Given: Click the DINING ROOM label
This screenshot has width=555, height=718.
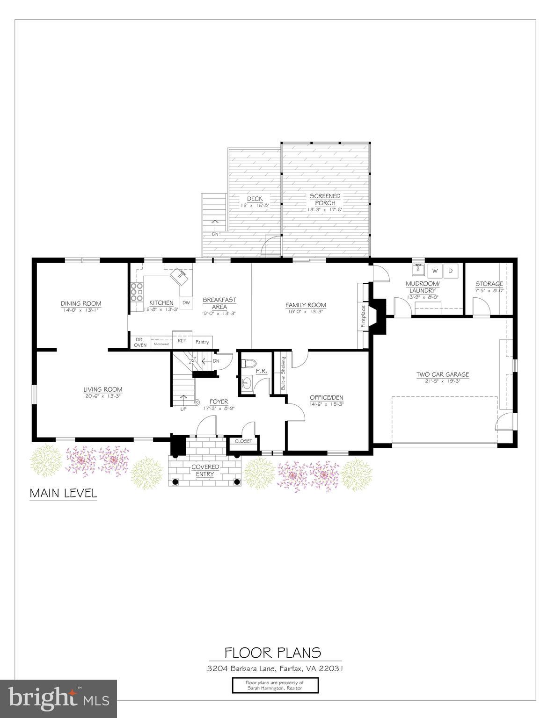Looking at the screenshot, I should (80, 303).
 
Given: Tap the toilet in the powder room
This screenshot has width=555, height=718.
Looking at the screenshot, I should (248, 363).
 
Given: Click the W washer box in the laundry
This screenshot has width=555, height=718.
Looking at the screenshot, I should (435, 271).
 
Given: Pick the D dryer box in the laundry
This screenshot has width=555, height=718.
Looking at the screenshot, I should (451, 271).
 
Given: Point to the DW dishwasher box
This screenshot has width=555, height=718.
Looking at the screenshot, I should (186, 303).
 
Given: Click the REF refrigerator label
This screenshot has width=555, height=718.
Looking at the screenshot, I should (182, 340).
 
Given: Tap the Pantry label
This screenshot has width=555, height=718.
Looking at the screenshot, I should (202, 342).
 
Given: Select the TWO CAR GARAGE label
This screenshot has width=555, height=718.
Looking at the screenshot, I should (443, 374).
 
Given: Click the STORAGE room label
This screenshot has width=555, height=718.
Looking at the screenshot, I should (489, 284).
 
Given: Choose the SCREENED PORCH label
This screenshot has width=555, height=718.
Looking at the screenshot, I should (325, 200).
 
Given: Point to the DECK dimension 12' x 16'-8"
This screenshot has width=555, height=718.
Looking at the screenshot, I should (255, 205).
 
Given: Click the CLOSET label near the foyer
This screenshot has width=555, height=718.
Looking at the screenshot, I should (243, 441).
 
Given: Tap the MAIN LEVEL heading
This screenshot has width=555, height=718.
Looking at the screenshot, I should (63, 493).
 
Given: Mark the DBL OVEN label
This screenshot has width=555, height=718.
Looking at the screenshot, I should (140, 342).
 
